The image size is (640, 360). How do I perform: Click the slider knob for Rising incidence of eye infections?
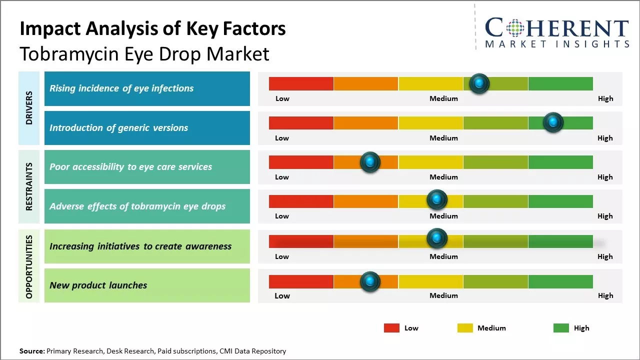tap(479, 83)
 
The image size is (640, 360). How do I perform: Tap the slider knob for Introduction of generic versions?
tap(553, 122)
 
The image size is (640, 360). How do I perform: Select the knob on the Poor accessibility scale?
tap(370, 162)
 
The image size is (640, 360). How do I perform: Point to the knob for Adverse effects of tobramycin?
tap(437, 199)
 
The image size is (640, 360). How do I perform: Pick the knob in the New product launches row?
tap(370, 282)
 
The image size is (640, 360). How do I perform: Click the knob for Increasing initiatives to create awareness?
tap(437, 238)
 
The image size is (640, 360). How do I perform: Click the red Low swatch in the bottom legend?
tap(391, 328)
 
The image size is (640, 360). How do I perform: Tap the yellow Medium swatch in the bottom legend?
tap(465, 328)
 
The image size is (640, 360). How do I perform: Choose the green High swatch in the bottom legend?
tap(561, 328)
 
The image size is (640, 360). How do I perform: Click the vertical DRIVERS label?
tap(29, 108)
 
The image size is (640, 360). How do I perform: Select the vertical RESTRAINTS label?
tap(29, 186)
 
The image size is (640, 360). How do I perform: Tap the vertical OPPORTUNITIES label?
tap(29, 266)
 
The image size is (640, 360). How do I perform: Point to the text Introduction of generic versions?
tap(119, 128)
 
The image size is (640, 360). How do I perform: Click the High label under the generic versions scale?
tap(605, 138)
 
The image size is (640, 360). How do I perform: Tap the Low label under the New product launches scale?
tap(282, 295)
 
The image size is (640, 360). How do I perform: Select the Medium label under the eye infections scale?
tap(443, 98)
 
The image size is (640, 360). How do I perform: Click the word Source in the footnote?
tap(31, 351)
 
